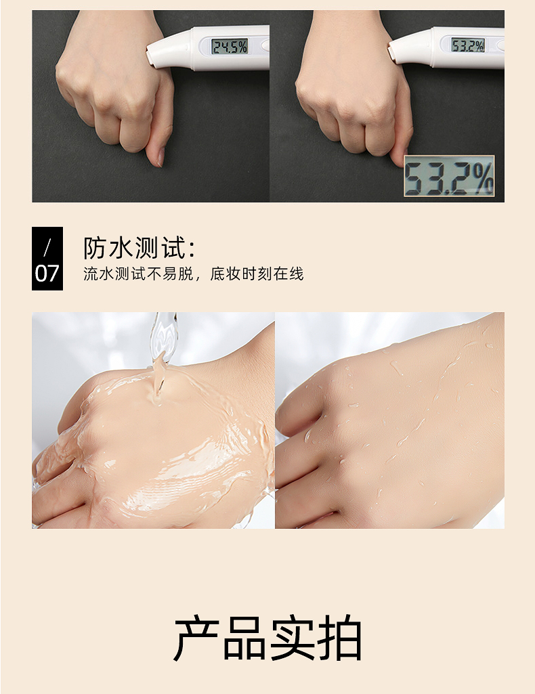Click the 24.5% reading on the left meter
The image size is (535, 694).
coord(229,46)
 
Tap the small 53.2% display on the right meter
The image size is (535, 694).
coord(467,45)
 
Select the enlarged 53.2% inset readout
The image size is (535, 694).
coord(449,176)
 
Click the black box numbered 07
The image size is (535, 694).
coord(47,259)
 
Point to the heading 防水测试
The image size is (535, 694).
coord(140,247)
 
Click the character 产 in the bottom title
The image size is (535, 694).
coord(196,638)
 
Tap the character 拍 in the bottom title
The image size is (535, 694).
coord(340,638)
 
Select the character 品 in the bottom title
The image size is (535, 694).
coord(244,638)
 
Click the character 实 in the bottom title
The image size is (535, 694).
coord(292,638)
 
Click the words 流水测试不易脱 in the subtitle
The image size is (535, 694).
coord(139,274)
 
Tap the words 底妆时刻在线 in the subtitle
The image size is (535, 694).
coord(257,274)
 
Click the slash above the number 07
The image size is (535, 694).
coord(47,247)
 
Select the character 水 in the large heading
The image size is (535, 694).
coord(121,247)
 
